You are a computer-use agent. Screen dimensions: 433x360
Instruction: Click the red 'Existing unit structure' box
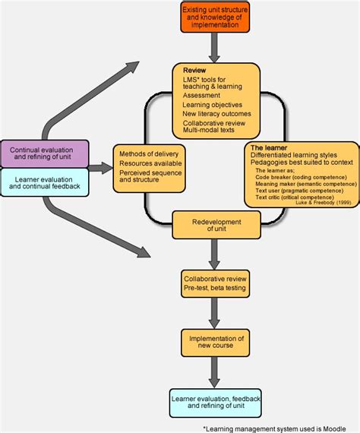(215, 17)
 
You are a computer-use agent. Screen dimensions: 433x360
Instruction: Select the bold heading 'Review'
(194, 70)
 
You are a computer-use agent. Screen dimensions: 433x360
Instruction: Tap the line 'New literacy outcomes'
(215, 113)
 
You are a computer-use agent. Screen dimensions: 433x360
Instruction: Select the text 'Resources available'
(150, 164)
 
